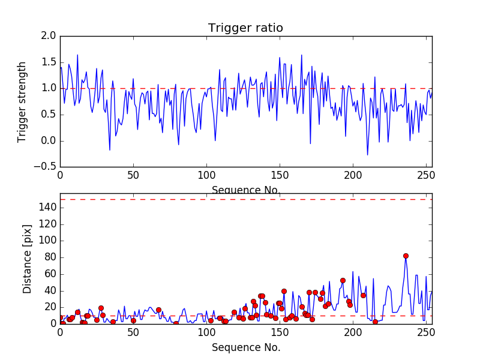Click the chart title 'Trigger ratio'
(245, 28)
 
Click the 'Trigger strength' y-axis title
(22, 101)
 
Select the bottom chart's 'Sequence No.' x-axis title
(246, 347)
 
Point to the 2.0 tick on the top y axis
(49, 36)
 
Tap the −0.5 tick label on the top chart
(45, 167)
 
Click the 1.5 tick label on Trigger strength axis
(49, 62)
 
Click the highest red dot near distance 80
(406, 256)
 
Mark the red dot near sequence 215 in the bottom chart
(375, 322)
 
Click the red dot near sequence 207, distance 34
(363, 295)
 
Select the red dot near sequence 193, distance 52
(343, 280)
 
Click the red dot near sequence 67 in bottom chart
(158, 310)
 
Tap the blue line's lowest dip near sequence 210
(368, 155)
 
